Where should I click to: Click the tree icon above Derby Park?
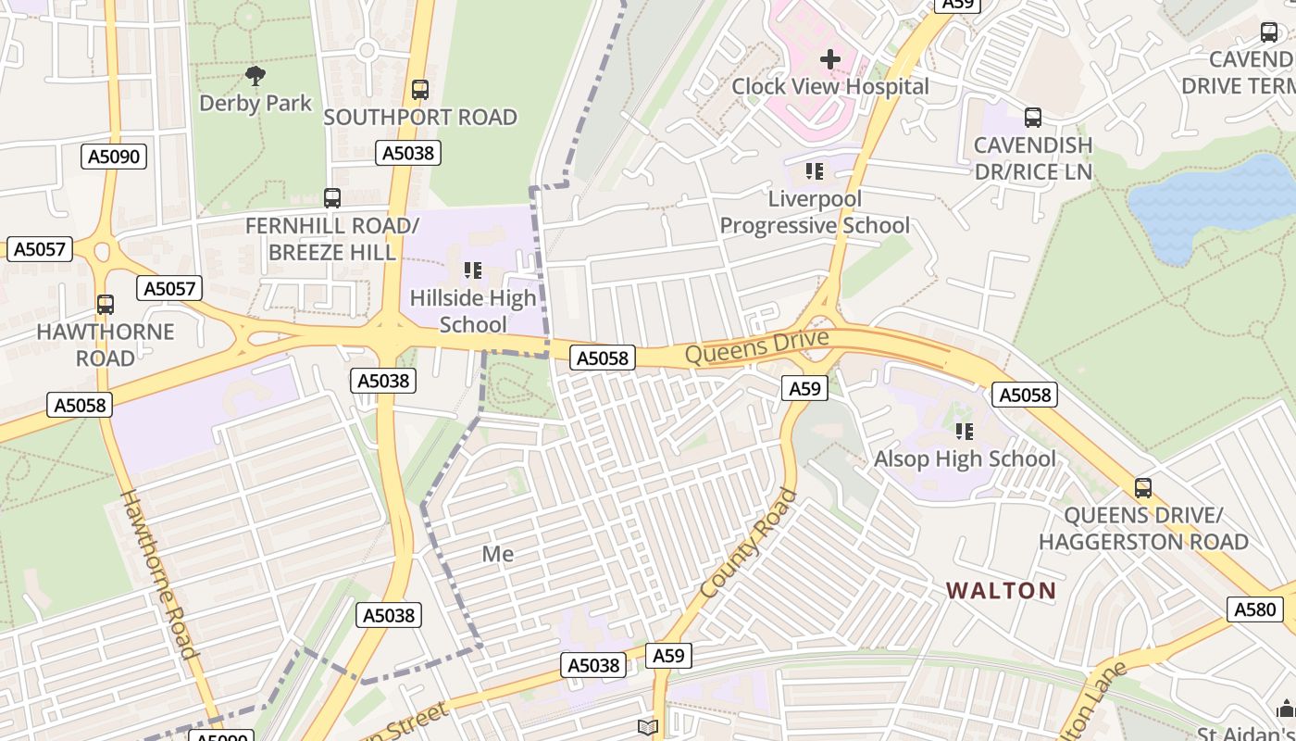(255, 75)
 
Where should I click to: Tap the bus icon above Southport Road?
(420, 90)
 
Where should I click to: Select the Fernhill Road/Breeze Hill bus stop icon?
(332, 197)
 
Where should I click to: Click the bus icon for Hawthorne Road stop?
(106, 304)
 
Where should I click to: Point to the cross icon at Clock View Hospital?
(830, 59)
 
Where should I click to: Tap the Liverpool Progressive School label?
(815, 212)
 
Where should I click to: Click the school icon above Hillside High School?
(473, 270)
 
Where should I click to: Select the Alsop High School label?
(965, 458)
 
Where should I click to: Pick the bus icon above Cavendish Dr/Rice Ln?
(1033, 118)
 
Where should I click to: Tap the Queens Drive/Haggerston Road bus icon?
(1143, 487)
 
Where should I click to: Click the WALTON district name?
(1001, 590)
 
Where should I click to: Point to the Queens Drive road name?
(756, 347)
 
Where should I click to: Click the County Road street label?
(748, 544)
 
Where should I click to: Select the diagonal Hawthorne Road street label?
(159, 573)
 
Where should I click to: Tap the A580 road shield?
(1256, 609)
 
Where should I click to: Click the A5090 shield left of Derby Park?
(114, 156)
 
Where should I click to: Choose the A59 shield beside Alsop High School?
(804, 388)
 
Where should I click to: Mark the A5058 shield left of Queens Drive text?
(603, 358)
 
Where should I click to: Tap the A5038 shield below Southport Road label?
(408, 152)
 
